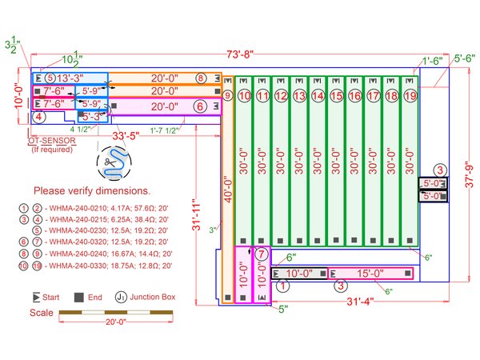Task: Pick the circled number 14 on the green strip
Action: pyautogui.click(x=318, y=95)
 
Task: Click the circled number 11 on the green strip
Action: pyautogui.click(x=262, y=95)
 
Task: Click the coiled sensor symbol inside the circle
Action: pyautogui.click(x=110, y=164)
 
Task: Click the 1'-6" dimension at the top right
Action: pyautogui.click(x=433, y=60)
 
